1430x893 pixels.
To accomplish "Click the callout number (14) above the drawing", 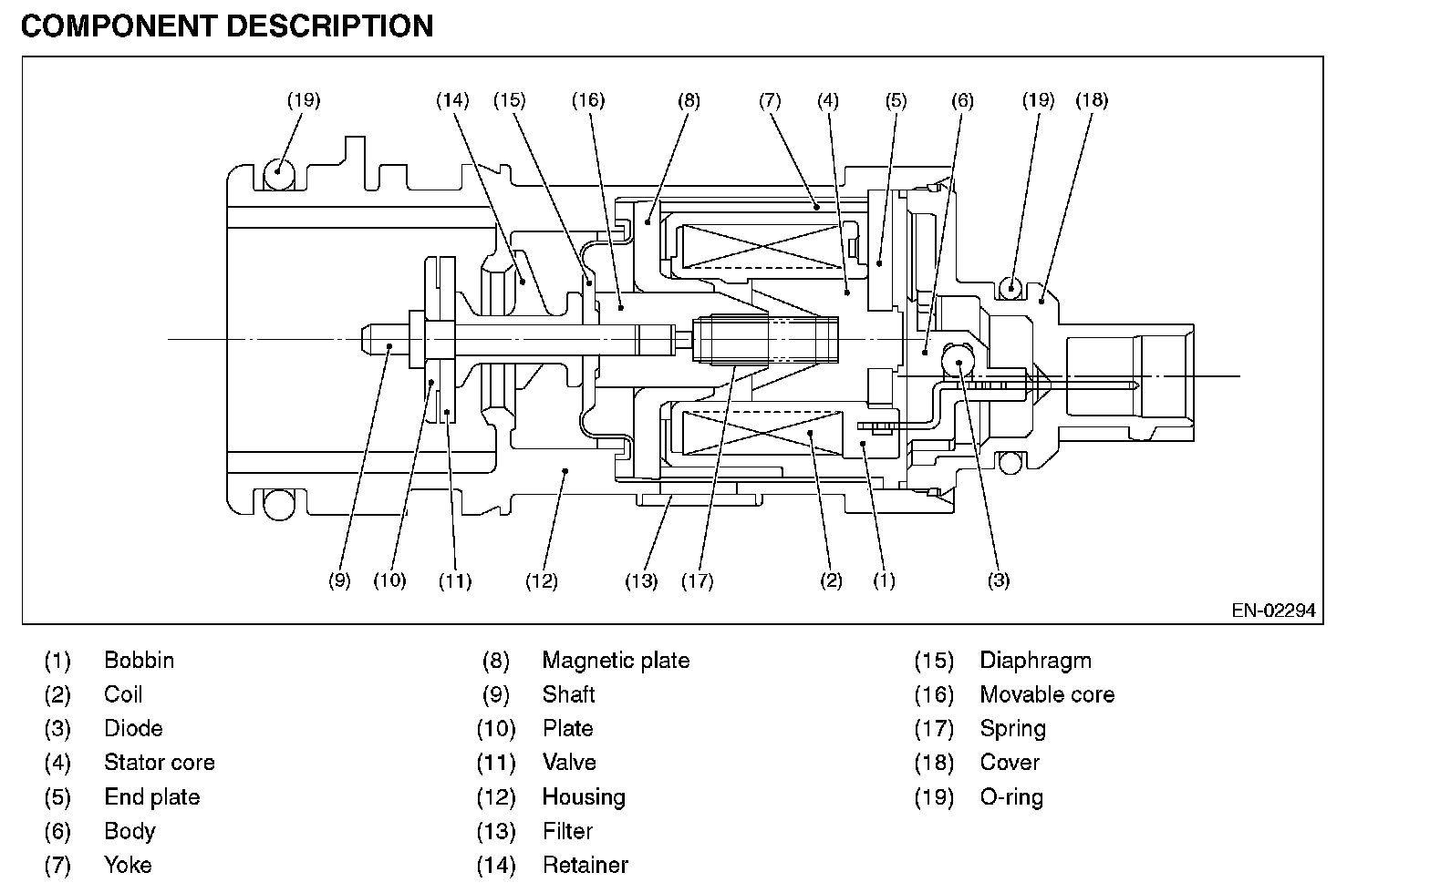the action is pos(452,100).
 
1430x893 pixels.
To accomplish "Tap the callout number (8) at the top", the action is pos(689,100).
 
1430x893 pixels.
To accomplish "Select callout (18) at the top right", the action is pos(1093,100).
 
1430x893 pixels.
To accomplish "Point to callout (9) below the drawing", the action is pos(339,580).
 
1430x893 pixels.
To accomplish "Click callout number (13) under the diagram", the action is pos(641,581).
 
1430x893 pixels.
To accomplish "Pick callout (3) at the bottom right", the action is pos(1000,580).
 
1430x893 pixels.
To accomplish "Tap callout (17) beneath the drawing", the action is pos(697,581).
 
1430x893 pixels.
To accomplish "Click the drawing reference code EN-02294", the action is pos(1273,611).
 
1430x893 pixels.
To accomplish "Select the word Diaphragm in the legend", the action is pos(1035,661).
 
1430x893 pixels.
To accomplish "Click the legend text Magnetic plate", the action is pos(617,660).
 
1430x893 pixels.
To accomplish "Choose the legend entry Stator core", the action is pos(160,762).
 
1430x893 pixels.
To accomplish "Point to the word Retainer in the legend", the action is pos(585,865).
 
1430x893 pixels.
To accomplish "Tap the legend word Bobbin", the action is pos(140,660).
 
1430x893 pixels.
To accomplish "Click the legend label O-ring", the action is pos(1011,797).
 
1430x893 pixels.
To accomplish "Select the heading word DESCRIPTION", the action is pos(330,26).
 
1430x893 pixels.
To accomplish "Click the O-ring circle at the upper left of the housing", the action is pos(279,173).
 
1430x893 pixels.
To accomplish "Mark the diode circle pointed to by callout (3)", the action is pos(958,361).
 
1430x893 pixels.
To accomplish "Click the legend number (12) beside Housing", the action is pos(496,797).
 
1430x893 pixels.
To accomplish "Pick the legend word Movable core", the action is pos(1047,694).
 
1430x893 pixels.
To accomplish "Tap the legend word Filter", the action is pos(567,831).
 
